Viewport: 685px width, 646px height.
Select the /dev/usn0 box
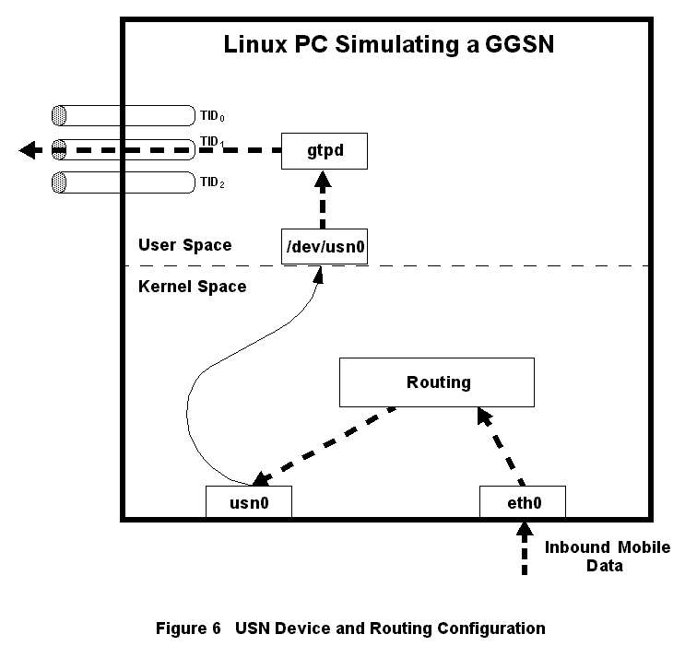[x=323, y=245]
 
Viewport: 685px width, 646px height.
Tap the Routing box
[x=438, y=382]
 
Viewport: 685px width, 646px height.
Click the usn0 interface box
[x=248, y=502]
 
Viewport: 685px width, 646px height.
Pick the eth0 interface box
[x=523, y=502]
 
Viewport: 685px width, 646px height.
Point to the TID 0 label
[x=212, y=117]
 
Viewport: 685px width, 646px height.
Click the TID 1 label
[x=212, y=143]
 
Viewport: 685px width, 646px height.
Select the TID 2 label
[x=212, y=182]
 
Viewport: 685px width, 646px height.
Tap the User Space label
[x=184, y=245]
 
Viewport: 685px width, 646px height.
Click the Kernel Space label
[x=192, y=287]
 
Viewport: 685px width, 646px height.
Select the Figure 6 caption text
[x=350, y=628]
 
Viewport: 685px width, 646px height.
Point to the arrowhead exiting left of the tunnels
[x=30, y=149]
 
